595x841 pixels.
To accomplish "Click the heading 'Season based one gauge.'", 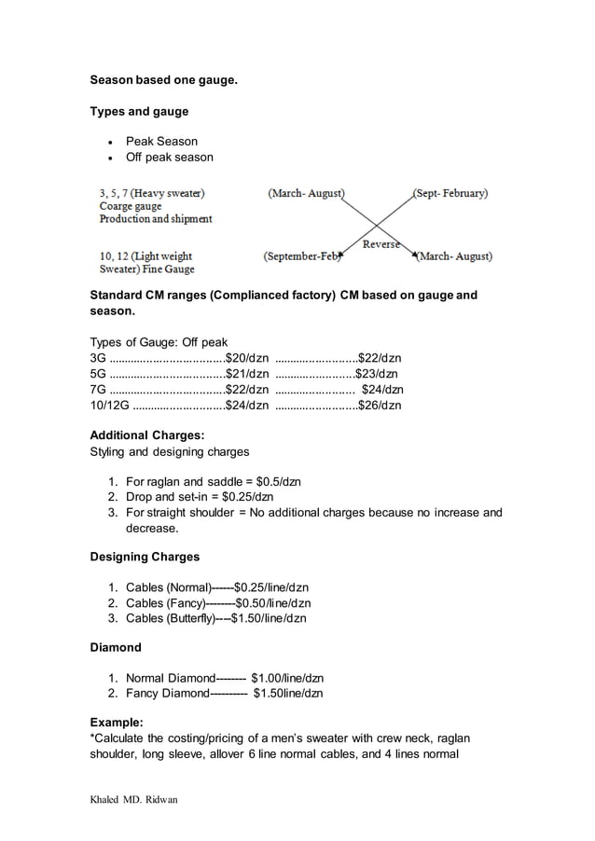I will coord(163,81).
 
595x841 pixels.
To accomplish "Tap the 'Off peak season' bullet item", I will coord(169,157).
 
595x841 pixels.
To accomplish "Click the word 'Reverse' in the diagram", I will coord(381,244).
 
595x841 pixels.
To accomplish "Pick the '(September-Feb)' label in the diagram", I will coord(302,255).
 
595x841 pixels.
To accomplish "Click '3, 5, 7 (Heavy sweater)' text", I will coord(153,193).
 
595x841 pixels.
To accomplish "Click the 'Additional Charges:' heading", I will coord(147,435).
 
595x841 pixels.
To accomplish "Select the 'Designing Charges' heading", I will coord(144,557).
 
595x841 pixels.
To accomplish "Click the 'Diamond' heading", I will coord(115,647).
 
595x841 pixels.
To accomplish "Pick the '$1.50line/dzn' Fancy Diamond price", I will coord(288,693).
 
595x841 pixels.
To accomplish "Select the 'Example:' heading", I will coord(117,723).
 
